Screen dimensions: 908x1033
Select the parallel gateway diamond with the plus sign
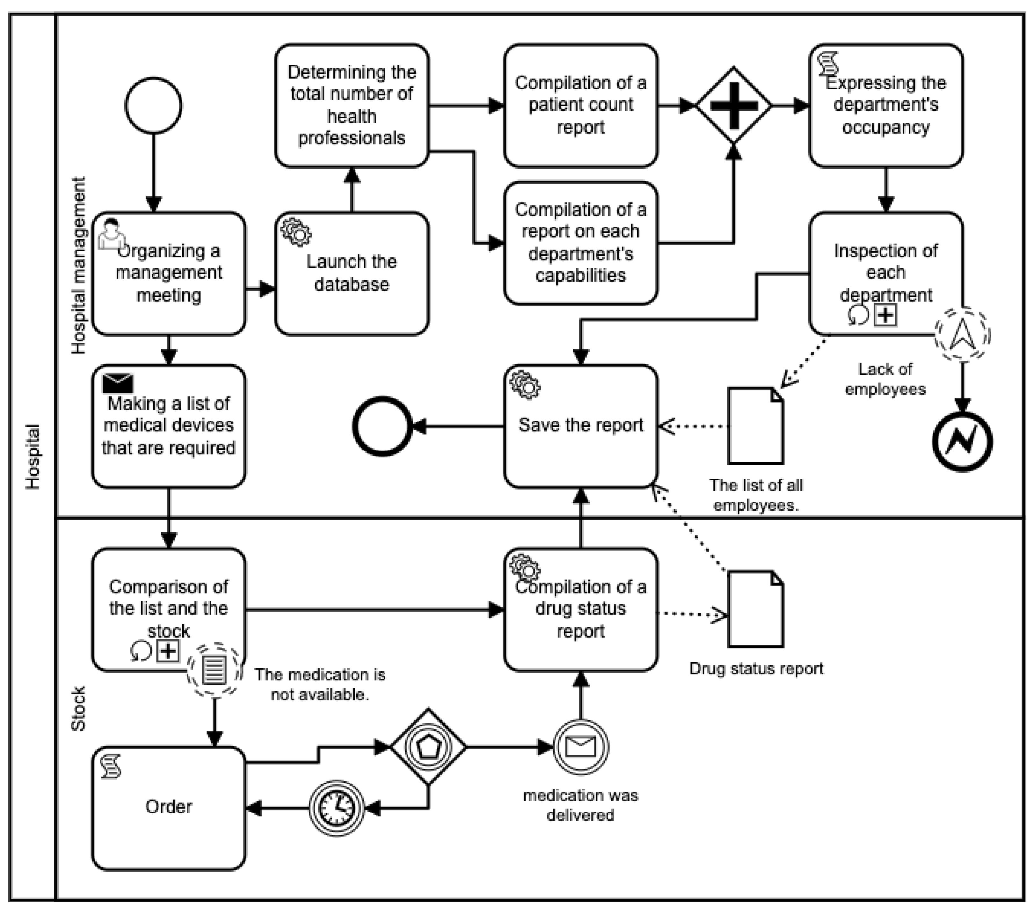click(733, 106)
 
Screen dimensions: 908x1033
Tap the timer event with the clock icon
click(337, 808)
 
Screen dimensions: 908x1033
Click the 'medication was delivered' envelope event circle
click(581, 747)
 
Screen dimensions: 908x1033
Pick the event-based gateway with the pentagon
click(428, 747)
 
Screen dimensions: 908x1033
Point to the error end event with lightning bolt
click(962, 442)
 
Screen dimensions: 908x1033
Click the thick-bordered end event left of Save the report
click(382, 426)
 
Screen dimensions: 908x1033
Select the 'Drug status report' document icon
click(755, 609)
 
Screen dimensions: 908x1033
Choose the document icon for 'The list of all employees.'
click(755, 426)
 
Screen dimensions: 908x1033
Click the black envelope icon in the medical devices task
click(118, 384)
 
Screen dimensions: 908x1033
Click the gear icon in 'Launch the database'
click(296, 232)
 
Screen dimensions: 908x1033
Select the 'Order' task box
click(169, 808)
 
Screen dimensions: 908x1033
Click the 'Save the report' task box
click(581, 426)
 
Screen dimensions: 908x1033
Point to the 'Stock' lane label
click(78, 708)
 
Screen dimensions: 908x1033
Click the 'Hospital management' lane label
click(78, 265)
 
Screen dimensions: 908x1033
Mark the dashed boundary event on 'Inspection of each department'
click(962, 334)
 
